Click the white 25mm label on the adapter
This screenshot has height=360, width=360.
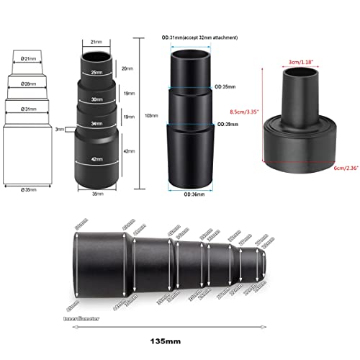tap(96, 72)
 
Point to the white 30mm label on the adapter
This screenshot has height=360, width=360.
tap(96, 99)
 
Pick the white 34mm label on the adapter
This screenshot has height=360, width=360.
tap(96, 124)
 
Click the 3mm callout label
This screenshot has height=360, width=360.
tap(60, 130)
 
